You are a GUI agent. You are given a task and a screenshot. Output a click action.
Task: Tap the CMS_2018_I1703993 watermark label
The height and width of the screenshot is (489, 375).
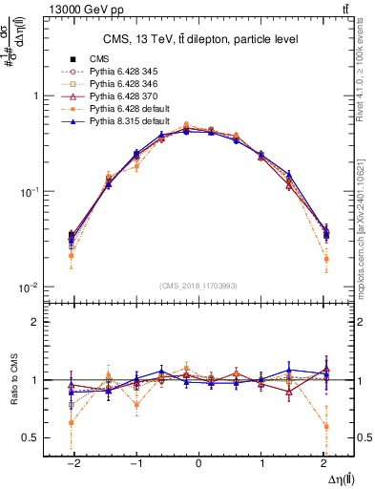tap(198, 286)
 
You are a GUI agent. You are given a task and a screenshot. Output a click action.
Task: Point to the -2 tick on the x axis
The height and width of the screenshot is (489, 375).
tap(71, 461)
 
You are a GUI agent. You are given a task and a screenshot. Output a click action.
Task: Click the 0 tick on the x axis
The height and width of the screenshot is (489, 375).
tap(198, 461)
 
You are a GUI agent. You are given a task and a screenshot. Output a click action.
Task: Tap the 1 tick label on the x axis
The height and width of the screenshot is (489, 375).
tap(262, 461)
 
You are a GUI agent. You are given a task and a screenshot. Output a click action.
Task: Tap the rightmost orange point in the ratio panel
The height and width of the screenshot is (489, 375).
tap(326, 426)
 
